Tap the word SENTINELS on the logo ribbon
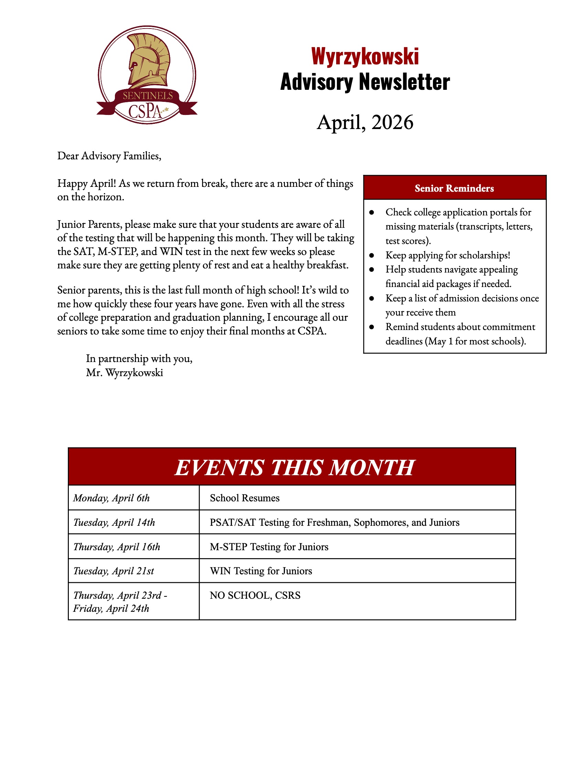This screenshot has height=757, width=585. point(148,96)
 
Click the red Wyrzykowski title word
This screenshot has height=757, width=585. point(365,56)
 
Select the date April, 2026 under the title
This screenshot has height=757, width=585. point(365,122)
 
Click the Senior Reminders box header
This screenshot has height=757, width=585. point(454,188)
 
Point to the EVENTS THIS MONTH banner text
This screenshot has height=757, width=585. point(294,467)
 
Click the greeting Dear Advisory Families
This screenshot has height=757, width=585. point(109,156)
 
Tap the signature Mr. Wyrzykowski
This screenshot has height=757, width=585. point(125,373)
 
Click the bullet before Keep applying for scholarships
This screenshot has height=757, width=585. point(372,255)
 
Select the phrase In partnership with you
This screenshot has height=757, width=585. point(139,359)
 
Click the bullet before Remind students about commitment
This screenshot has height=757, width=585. point(372,327)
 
